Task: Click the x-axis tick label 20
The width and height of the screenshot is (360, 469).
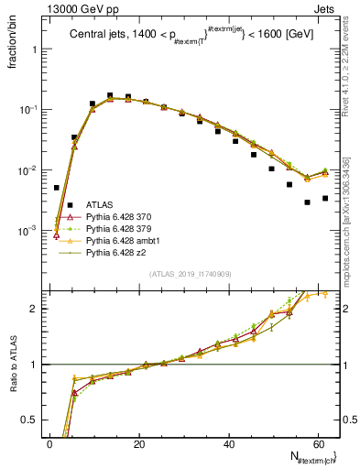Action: pyautogui.click(x=139, y=442)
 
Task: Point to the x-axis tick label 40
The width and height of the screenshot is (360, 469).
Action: pyautogui.click(x=229, y=442)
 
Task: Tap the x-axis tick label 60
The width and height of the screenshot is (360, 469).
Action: pyautogui.click(x=319, y=442)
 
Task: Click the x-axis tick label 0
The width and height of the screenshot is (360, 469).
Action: pyautogui.click(x=49, y=442)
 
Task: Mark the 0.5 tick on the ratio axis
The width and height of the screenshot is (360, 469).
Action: pyautogui.click(x=33, y=420)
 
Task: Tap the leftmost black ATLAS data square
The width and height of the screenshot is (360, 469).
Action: pyautogui.click(x=57, y=187)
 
